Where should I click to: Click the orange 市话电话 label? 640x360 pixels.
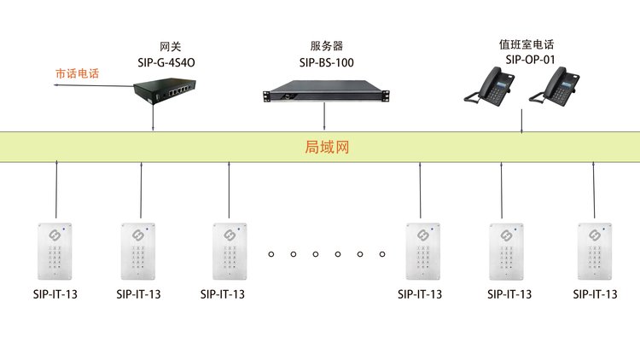77,73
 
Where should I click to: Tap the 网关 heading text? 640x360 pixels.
170,47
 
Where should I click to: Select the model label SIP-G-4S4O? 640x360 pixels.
166,62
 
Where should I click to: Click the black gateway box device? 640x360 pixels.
165,91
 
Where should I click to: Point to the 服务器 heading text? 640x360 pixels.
327,46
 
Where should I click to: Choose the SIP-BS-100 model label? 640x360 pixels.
327,62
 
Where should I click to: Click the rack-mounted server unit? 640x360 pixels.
326,91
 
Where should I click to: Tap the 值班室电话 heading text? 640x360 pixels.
527,44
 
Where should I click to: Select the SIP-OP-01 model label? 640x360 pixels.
530,60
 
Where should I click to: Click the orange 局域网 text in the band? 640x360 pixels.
327,147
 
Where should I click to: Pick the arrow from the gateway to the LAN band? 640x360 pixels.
153,118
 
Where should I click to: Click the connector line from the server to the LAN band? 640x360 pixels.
324,116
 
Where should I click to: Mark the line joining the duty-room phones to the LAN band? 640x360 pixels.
521,121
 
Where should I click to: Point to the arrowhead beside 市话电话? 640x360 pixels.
56,85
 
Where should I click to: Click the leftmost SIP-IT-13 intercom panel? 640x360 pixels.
55,251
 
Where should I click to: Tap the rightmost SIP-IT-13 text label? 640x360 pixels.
595,294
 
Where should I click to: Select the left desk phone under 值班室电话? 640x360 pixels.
490,86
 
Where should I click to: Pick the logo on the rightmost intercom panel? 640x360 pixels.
594,235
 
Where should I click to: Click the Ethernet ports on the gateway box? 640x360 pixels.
179,90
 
